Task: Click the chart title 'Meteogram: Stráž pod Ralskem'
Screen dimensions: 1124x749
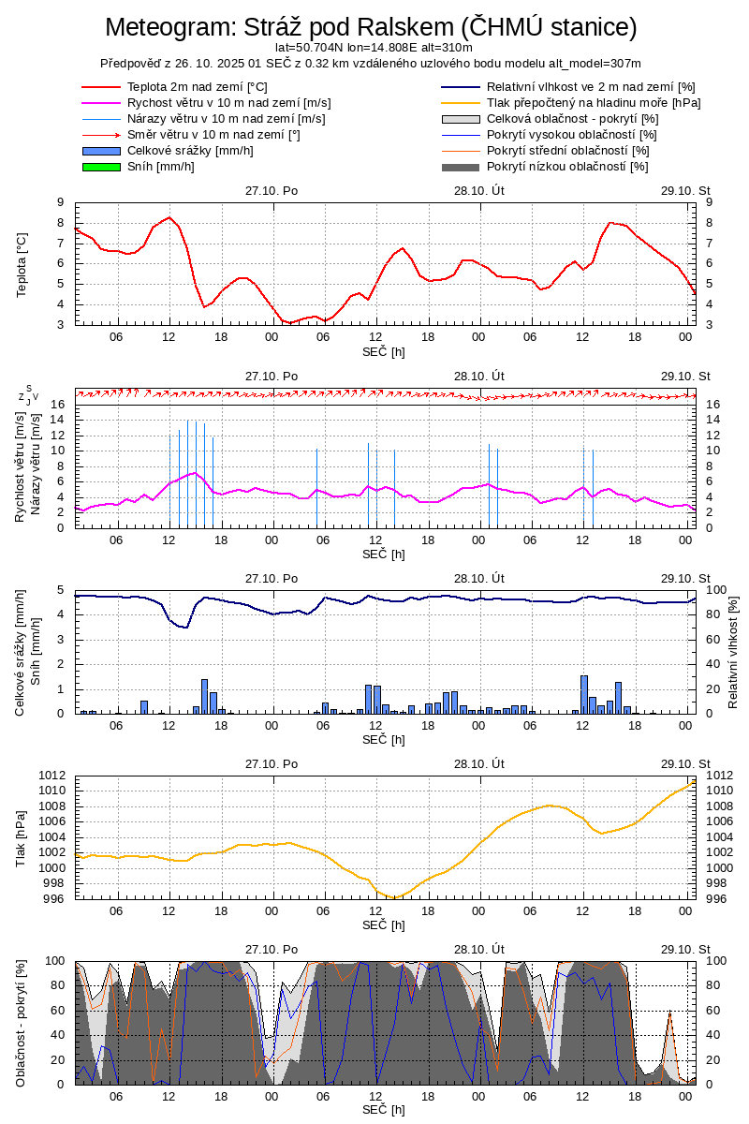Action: click(x=371, y=27)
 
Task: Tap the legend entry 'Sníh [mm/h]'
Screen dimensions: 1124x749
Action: click(x=160, y=167)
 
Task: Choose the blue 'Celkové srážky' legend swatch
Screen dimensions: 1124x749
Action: click(x=101, y=151)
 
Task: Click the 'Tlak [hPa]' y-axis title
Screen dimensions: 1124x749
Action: click(x=22, y=837)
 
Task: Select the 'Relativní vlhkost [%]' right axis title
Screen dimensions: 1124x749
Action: click(x=732, y=651)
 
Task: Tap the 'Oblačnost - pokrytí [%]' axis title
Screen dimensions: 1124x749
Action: click(x=22, y=1023)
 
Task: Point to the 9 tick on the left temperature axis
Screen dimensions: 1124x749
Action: click(x=60, y=202)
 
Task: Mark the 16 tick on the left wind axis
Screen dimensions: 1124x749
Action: click(x=57, y=405)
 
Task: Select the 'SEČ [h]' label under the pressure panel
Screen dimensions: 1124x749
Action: click(x=384, y=925)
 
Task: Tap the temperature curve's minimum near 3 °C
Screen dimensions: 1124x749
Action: click(x=290, y=323)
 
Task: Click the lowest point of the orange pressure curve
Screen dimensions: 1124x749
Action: click(x=394, y=897)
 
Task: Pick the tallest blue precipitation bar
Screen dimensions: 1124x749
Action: click(x=584, y=693)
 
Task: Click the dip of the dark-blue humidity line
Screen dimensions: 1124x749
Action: click(x=185, y=627)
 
